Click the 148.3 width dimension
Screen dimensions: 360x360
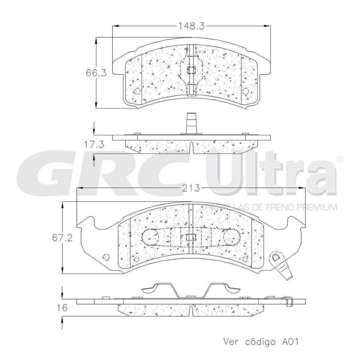pos(191,26)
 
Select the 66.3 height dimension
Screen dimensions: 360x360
pos(96,73)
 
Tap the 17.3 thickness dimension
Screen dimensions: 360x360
pos(94,144)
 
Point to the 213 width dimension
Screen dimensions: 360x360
pos(191,188)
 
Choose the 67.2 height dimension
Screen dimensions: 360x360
pos(62,238)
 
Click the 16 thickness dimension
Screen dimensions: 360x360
pos(62,308)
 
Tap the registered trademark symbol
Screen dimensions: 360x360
pos(339,160)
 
